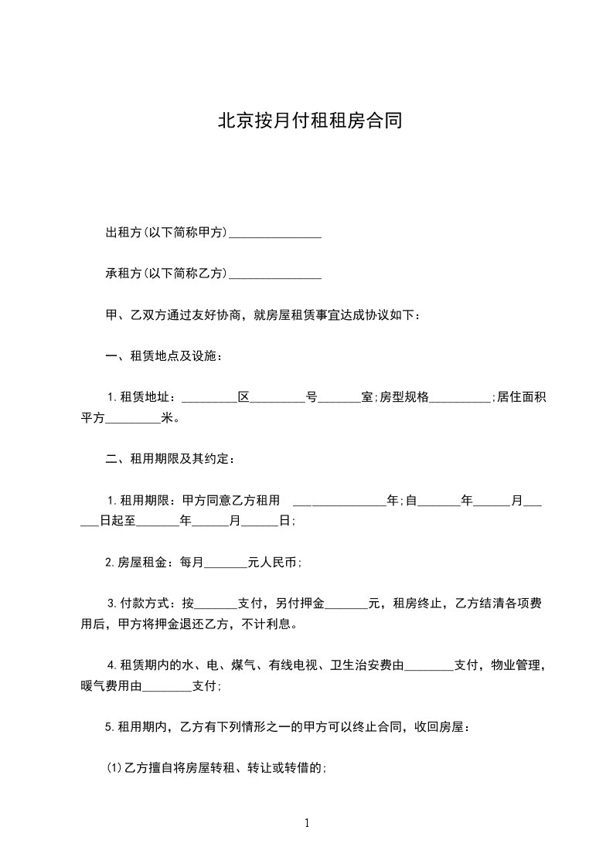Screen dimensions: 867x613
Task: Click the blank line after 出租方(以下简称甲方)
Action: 275,233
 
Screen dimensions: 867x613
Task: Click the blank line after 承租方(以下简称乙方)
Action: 275,274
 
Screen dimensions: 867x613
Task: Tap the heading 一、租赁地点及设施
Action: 163,356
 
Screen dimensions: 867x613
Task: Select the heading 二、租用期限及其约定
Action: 169,459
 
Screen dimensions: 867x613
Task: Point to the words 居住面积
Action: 522,398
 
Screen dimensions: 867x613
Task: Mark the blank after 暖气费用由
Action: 167,687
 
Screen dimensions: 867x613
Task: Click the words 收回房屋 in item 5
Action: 440,727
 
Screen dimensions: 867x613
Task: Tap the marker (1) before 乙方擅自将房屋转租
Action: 114,768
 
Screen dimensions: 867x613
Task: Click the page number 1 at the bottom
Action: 307,823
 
